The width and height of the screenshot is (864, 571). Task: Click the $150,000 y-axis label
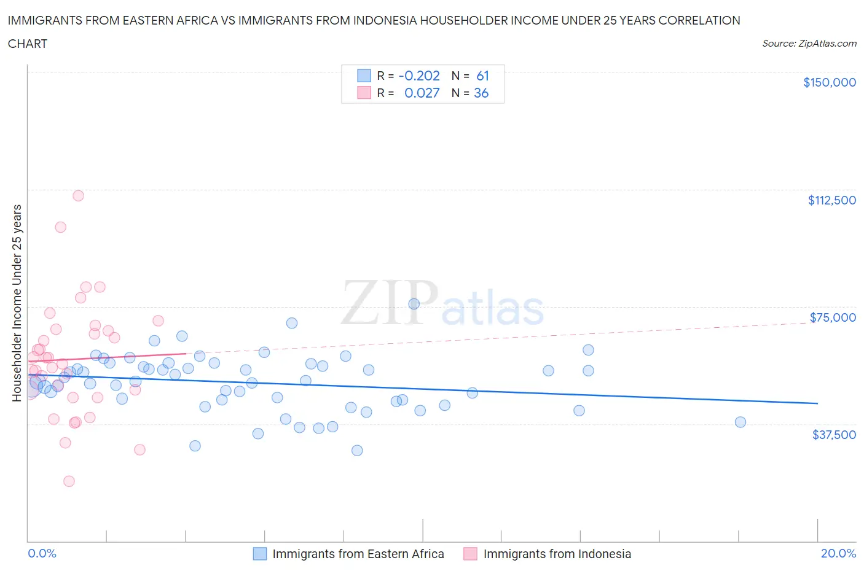click(x=829, y=82)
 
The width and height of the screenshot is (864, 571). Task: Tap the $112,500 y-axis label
click(x=831, y=200)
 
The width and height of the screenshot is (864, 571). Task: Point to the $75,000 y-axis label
click(x=832, y=317)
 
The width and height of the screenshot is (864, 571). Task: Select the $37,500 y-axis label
click(x=833, y=435)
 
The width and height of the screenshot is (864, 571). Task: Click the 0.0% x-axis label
click(x=42, y=553)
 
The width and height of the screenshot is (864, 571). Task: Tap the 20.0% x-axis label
click(x=838, y=553)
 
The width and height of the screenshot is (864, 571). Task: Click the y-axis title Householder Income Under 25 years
click(x=17, y=303)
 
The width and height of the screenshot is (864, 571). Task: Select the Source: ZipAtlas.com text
click(x=809, y=44)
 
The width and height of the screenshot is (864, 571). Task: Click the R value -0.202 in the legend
click(x=419, y=76)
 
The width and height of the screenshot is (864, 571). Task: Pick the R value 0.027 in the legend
click(x=422, y=93)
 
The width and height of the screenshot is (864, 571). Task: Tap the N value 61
click(x=482, y=76)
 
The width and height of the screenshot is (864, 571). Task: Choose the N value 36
click(x=481, y=93)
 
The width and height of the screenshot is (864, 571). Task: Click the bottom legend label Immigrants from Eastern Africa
click(x=358, y=554)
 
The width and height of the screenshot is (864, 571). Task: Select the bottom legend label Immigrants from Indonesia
click(x=557, y=554)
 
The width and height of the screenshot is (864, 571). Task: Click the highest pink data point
click(x=78, y=196)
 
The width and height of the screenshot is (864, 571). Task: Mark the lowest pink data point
click(x=69, y=481)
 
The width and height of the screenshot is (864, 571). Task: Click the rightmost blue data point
click(x=740, y=422)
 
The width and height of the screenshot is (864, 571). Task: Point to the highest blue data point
click(x=414, y=304)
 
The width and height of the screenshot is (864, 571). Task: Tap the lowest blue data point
click(x=357, y=450)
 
